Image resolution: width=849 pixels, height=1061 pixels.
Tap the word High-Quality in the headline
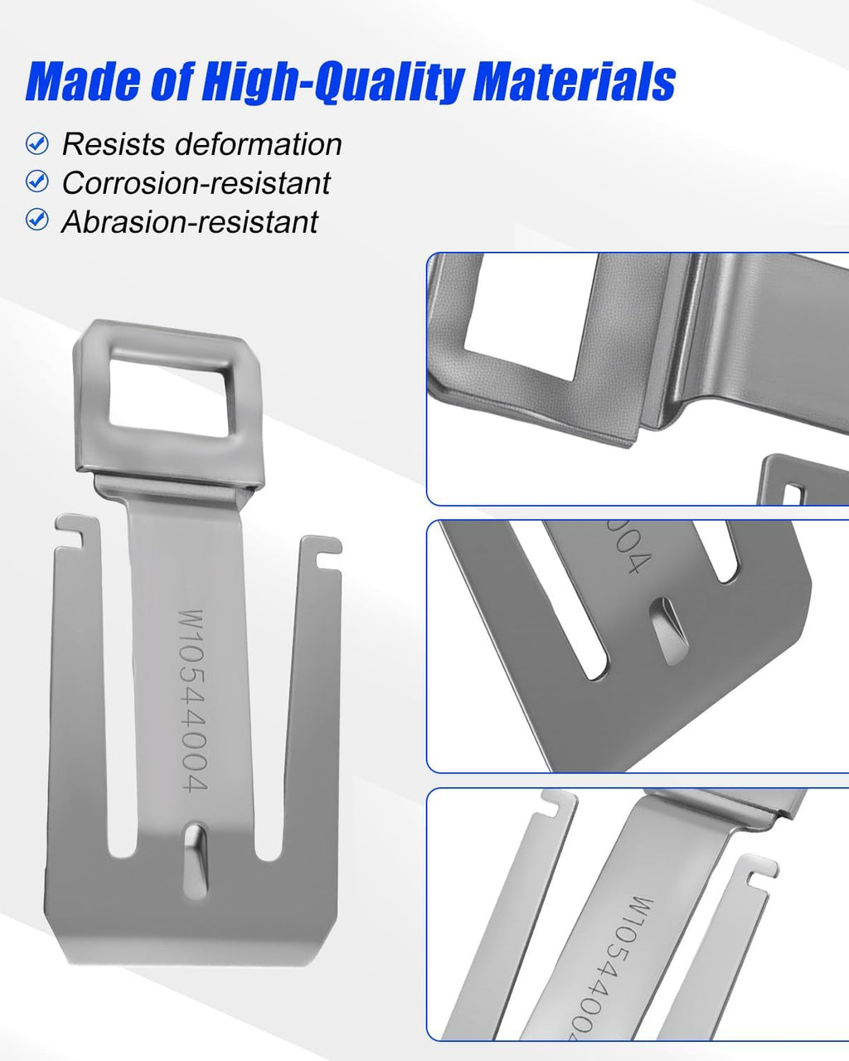[333, 83]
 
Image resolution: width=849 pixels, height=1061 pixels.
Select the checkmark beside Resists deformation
[37, 144]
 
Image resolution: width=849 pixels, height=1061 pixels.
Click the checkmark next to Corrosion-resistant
[37, 182]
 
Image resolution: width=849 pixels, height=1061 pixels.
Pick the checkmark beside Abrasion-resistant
[37, 220]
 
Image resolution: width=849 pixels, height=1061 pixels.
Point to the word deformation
[259, 144]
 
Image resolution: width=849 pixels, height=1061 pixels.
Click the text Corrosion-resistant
[196, 183]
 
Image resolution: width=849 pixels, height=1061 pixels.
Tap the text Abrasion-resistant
[190, 221]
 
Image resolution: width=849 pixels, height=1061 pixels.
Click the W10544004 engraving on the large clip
[192, 700]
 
